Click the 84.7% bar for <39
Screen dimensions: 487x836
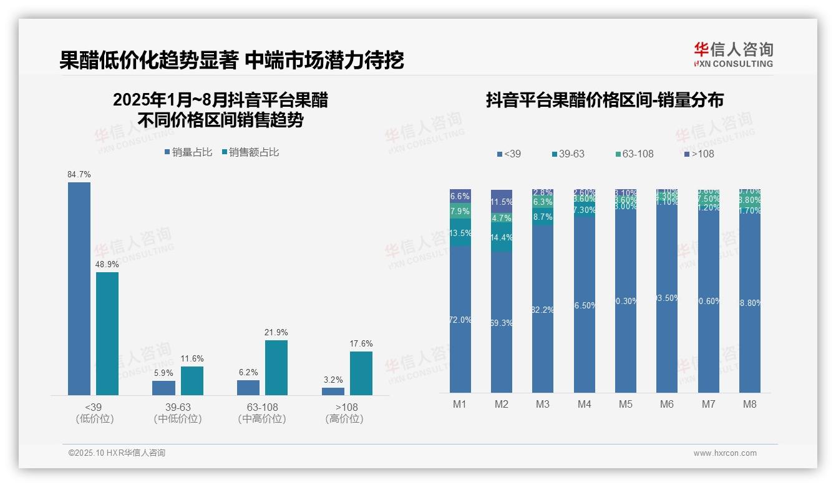pos(79,288)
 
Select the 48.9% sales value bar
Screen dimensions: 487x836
pos(107,333)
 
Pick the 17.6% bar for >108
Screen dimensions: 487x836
pos(361,373)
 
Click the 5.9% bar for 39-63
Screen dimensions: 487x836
pos(163,388)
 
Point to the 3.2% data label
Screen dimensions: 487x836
pos(333,380)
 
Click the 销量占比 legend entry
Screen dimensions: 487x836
pos(188,152)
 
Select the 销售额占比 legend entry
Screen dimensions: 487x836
pos(250,152)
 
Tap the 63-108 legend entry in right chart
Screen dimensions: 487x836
pos(633,154)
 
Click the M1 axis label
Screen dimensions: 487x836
pos(460,404)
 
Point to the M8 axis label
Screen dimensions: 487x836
pos(749,404)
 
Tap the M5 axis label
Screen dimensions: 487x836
pos(625,404)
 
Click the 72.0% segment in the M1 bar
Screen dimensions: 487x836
pos(460,319)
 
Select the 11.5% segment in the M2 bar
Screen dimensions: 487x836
pos(502,201)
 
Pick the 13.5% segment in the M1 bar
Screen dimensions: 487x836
pos(460,232)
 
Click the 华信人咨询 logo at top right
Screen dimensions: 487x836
pos(733,54)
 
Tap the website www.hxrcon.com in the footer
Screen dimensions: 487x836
pos(725,453)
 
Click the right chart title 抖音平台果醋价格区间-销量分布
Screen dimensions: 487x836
pos(604,101)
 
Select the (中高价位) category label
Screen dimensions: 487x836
pos(262,419)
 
